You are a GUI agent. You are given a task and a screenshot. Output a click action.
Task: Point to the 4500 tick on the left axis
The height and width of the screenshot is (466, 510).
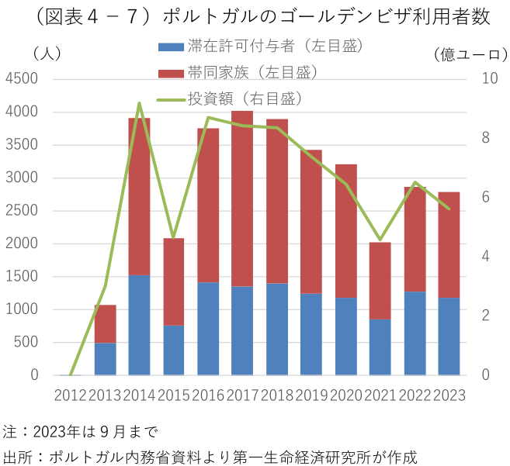23,79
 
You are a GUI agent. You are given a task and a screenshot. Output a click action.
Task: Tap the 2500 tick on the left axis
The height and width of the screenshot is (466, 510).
23,211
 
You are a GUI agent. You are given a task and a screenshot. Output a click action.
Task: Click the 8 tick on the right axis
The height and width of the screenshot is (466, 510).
487,138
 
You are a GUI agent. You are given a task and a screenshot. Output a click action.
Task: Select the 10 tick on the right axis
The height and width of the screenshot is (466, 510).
489,79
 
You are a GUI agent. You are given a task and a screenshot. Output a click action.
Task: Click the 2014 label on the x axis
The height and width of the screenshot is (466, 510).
139,395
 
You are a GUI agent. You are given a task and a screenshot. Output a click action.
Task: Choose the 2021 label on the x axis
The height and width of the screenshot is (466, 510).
380,395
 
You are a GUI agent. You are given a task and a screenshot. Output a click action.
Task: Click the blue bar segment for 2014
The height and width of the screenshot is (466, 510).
139,325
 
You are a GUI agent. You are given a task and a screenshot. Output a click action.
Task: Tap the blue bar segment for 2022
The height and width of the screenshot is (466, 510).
415,333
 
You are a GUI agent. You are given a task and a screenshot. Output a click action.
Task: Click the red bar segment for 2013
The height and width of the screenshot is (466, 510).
105,323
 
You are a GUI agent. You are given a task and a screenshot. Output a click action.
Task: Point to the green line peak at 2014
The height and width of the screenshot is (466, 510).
139,103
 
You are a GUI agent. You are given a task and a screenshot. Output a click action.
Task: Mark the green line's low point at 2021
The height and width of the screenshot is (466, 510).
380,240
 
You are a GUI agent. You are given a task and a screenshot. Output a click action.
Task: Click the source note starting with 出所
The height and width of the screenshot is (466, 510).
210,455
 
